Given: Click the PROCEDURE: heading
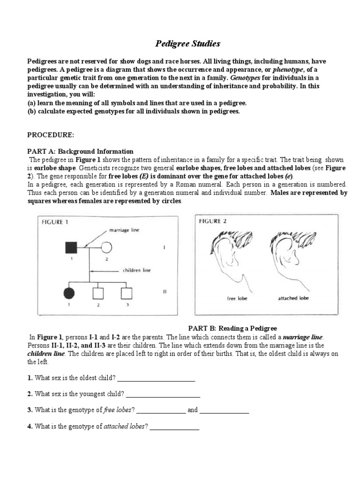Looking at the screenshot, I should (x=50, y=135).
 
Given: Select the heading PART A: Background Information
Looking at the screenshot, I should (x=80, y=151).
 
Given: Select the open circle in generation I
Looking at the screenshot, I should (x=106, y=247).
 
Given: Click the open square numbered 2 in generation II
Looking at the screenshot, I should (x=98, y=293).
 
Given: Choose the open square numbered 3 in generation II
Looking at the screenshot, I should (x=126, y=293).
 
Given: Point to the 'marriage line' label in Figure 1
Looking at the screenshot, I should (x=124, y=230).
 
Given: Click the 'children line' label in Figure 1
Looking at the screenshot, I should (x=137, y=270).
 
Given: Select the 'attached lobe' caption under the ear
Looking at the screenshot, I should (x=294, y=298).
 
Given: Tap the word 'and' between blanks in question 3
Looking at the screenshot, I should (x=193, y=410).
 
